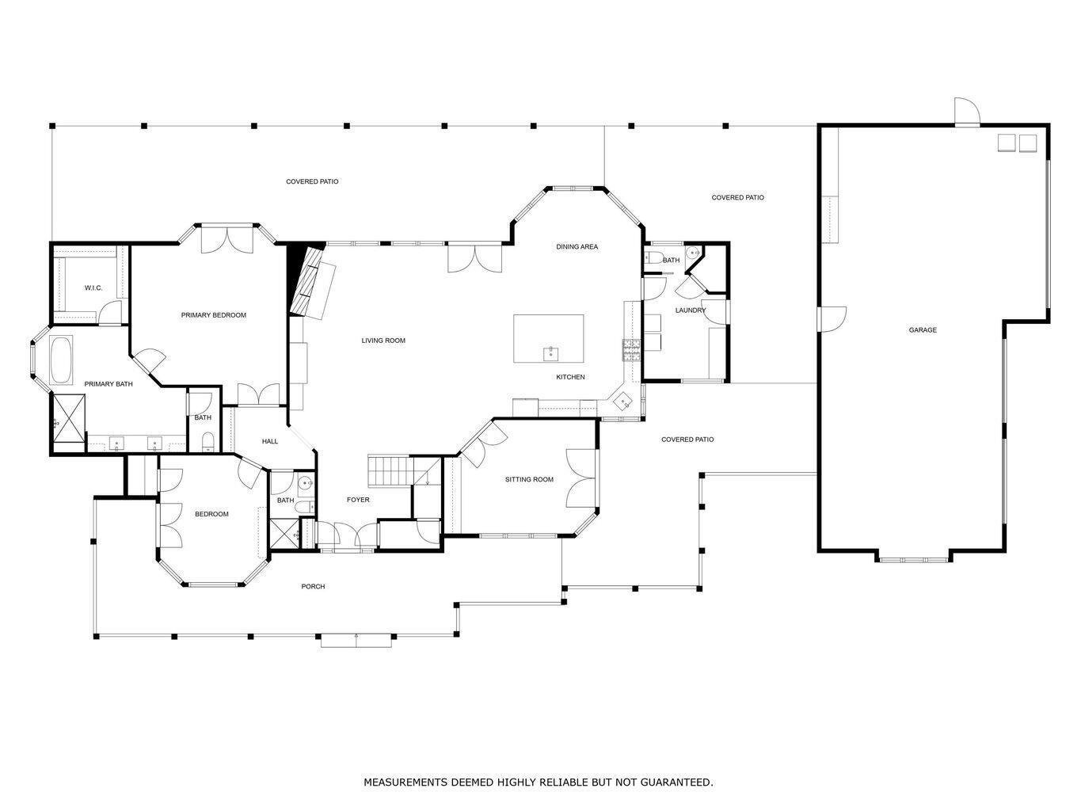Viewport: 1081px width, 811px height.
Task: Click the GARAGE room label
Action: point(922,329)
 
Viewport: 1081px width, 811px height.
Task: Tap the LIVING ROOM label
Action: point(383,341)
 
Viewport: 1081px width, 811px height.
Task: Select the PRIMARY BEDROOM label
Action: point(213,315)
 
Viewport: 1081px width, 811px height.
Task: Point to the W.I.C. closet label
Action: point(93,287)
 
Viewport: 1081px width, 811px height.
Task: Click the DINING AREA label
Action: point(577,247)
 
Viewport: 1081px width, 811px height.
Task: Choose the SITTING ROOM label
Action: point(529,479)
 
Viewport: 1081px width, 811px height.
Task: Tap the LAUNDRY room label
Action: point(690,310)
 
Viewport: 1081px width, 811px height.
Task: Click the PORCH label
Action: point(313,587)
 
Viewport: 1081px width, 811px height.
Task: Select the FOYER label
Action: point(358,500)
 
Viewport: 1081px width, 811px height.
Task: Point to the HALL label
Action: point(270,441)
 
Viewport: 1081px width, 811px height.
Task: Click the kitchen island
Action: point(548,338)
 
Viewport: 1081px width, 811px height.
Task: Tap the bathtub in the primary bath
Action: point(61,361)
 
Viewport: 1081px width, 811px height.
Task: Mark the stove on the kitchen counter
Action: point(631,349)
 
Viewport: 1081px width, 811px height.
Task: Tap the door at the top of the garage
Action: point(966,113)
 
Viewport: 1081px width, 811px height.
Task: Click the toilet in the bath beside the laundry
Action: point(654,257)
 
